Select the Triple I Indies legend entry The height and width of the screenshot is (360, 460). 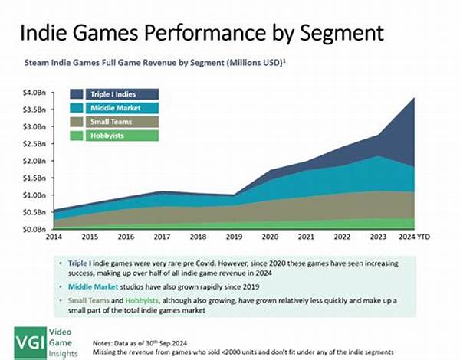point(113,93)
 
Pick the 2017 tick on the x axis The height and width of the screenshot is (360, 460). point(161,238)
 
